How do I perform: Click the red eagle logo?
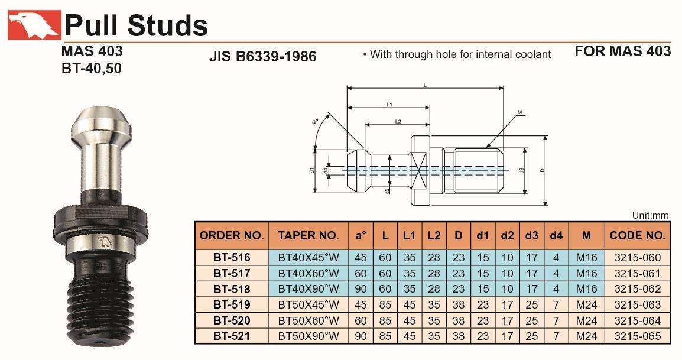pyautogui.click(x=34, y=25)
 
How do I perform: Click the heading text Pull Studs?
pyautogui.click(x=136, y=25)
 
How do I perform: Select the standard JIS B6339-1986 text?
pyautogui.click(x=263, y=56)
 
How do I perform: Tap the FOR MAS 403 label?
pyautogui.click(x=622, y=51)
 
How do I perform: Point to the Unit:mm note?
pyautogui.click(x=650, y=216)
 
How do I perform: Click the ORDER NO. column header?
pyautogui.click(x=232, y=235)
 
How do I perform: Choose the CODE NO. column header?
pyautogui.click(x=638, y=235)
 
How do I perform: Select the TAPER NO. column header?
pyautogui.click(x=308, y=235)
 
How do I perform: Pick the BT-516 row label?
pyautogui.click(x=232, y=258)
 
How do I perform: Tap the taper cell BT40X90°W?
pyautogui.click(x=308, y=289)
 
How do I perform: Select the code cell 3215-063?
pyautogui.click(x=638, y=305)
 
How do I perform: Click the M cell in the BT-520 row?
pyautogui.click(x=586, y=321)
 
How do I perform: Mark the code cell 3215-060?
pyautogui.click(x=638, y=258)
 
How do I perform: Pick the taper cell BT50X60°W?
pyautogui.click(x=308, y=321)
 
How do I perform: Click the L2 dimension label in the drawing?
pyautogui.click(x=397, y=121)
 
